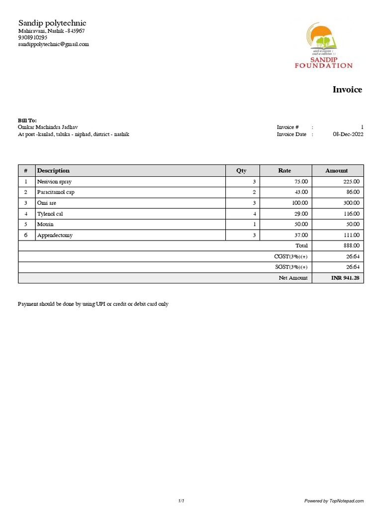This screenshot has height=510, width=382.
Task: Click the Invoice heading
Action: pyautogui.click(x=347, y=90)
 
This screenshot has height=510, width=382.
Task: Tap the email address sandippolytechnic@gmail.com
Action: pyautogui.click(x=54, y=44)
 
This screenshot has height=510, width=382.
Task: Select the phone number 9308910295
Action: pyautogui.click(x=33, y=37)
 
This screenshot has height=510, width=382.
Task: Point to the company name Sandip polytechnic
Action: pyautogui.click(x=52, y=23)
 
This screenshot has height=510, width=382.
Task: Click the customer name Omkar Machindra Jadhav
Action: pyautogui.click(x=48, y=127)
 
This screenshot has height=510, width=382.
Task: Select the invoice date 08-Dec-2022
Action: pyautogui.click(x=348, y=134)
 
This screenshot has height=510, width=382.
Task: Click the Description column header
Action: pyautogui.click(x=53, y=170)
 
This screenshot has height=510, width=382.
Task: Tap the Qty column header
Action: pyautogui.click(x=241, y=170)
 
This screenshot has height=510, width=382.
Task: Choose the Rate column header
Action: pyautogui.click(x=285, y=170)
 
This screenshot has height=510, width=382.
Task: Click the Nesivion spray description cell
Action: pyautogui.click(x=54, y=182)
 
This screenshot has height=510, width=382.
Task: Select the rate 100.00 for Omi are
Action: pyautogui.click(x=299, y=203)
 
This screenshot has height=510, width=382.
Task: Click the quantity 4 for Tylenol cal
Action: pyautogui.click(x=254, y=214)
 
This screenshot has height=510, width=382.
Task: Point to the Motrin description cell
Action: pyautogui.click(x=45, y=225)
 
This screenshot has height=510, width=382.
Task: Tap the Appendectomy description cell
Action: pyautogui.click(x=55, y=235)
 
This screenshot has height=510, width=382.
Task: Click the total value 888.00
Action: pyautogui.click(x=351, y=246)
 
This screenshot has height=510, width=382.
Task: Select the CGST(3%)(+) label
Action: pyautogui.click(x=291, y=256)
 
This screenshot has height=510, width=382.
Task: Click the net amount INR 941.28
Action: pyautogui.click(x=345, y=278)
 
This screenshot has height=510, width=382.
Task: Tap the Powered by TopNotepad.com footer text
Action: pyautogui.click(x=334, y=501)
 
